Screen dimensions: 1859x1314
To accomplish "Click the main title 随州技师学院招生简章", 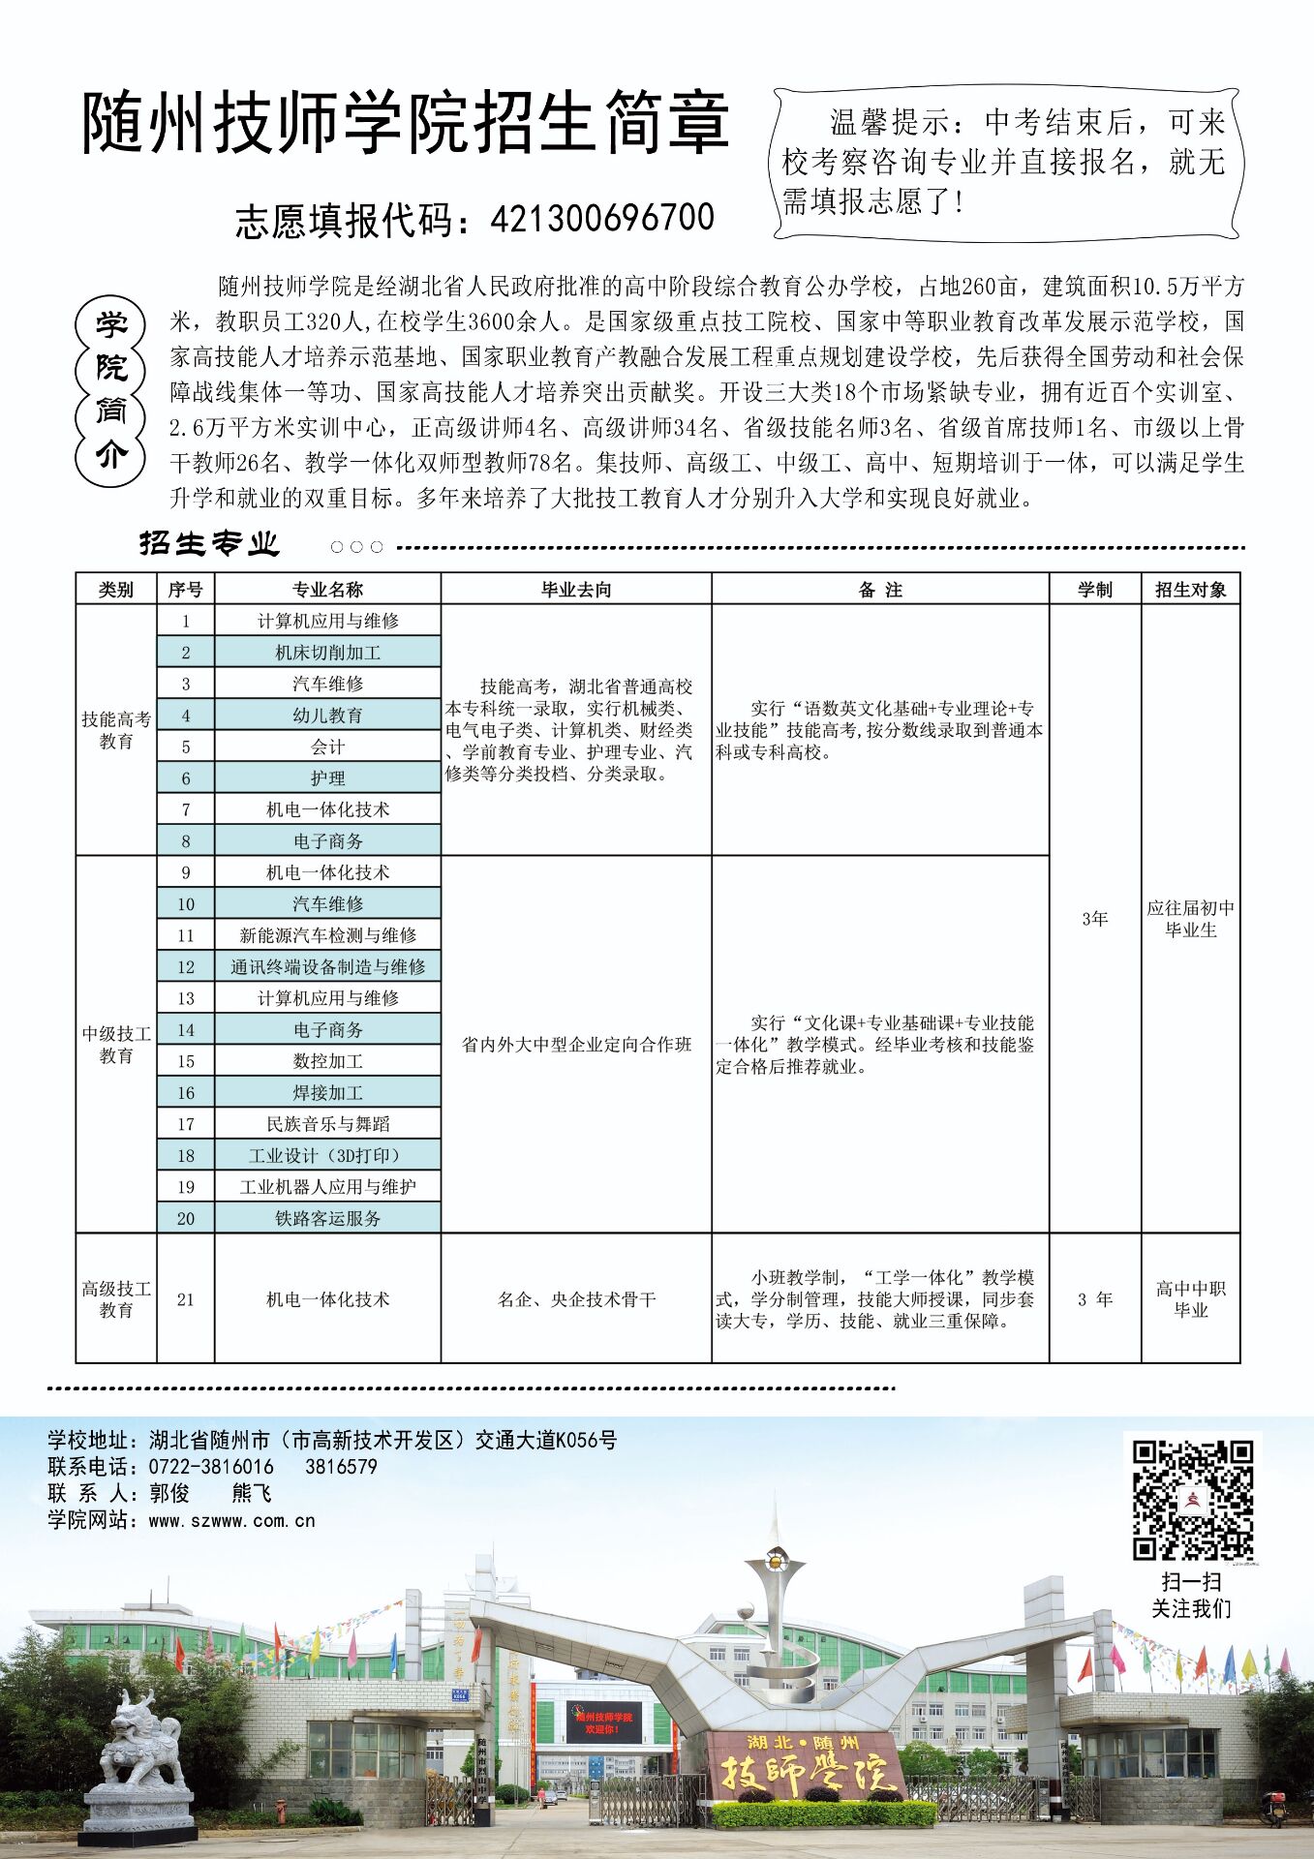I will click(x=405, y=124).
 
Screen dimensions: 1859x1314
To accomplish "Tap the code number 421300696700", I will click(x=602, y=219).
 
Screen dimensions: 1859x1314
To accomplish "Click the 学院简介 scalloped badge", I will click(x=110, y=391).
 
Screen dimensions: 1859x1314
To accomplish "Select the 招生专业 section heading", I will click(x=209, y=543).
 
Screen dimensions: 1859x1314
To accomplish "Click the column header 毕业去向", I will click(x=576, y=590).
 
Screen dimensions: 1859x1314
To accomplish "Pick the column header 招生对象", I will click(x=1190, y=590).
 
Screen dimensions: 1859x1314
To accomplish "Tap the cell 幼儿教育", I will click(x=327, y=716).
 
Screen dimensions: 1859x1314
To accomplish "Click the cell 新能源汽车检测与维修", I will click(x=327, y=935).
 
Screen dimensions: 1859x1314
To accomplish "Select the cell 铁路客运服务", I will click(x=327, y=1218).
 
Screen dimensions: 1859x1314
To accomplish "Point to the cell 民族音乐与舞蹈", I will click(x=327, y=1124).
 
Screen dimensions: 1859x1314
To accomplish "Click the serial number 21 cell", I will click(x=185, y=1299).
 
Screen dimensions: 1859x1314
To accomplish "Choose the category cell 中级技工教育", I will click(x=116, y=1045).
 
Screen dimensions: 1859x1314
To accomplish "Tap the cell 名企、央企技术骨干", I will click(x=576, y=1299).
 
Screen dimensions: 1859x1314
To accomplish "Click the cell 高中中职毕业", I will click(x=1190, y=1299).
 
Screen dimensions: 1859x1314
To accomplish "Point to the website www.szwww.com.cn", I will click(x=231, y=1521).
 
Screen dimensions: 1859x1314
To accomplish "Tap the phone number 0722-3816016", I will click(x=211, y=1467).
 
